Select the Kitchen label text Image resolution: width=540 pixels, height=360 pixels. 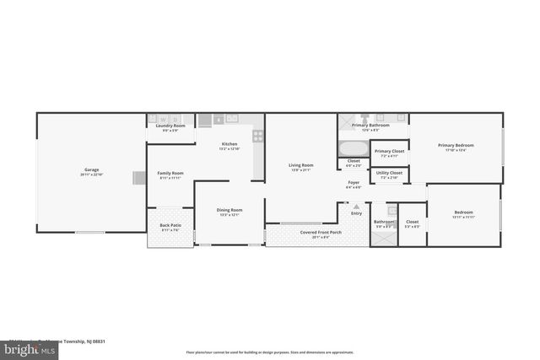coord(229,145)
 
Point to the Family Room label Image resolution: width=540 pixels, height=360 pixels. coord(171,175)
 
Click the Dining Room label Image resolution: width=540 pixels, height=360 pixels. coord(229,212)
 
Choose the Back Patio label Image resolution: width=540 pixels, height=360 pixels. coord(170,228)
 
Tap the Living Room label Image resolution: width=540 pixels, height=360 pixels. coord(301,166)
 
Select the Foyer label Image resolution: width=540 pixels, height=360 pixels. coord(355,184)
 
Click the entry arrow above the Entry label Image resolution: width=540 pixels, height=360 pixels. coord(356,206)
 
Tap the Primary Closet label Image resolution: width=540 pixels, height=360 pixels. coord(389,153)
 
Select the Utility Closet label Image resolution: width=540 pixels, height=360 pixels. coord(389,175)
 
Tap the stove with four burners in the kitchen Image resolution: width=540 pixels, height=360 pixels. coord(257,135)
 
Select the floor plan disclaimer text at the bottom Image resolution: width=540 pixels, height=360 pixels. coord(270,352)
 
